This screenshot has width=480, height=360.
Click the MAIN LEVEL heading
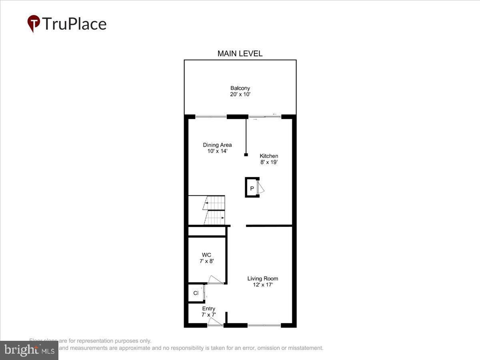[x=240, y=54]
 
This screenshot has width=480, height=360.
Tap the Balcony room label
[x=240, y=88]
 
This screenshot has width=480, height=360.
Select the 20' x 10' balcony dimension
[x=240, y=95]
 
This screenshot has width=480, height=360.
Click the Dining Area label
[x=217, y=145]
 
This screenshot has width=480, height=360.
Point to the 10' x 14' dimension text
[x=217, y=151]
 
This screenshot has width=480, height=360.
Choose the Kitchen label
[x=269, y=156]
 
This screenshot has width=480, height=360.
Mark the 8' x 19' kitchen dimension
[x=269, y=162]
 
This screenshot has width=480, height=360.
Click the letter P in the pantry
[x=252, y=188]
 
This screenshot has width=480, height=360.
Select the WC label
[x=206, y=255]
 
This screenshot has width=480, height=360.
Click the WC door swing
[x=215, y=280]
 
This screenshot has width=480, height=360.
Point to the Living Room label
[x=262, y=279]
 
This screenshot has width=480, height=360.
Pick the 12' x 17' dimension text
[x=262, y=285]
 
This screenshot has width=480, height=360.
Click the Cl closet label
[x=196, y=293]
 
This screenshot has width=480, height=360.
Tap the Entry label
[x=208, y=309]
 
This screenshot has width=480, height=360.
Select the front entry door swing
[x=215, y=321]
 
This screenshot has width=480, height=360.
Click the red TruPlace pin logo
[x=34, y=23]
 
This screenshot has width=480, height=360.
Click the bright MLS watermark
[x=29, y=350]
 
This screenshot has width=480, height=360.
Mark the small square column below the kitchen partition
[x=246, y=155]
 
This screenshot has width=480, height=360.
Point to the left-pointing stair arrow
[x=206, y=203]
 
